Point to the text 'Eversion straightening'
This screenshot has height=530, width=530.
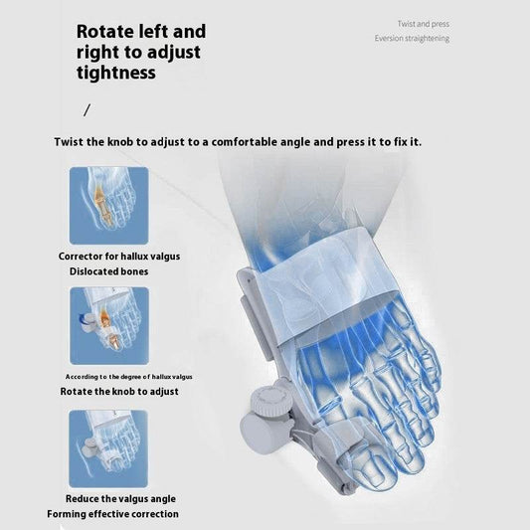pyautogui.click(x=412, y=39)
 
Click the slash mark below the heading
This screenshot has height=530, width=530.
pyautogui.click(x=87, y=109)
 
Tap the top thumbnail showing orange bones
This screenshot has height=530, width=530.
pyautogui.click(x=108, y=206)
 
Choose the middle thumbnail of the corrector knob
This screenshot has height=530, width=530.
pyautogui.click(x=108, y=326)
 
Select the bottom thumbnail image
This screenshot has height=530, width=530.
pyautogui.click(x=108, y=447)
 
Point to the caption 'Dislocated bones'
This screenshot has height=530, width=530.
pyautogui.click(x=108, y=270)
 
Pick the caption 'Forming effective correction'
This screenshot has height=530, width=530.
pyautogui.click(x=112, y=514)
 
